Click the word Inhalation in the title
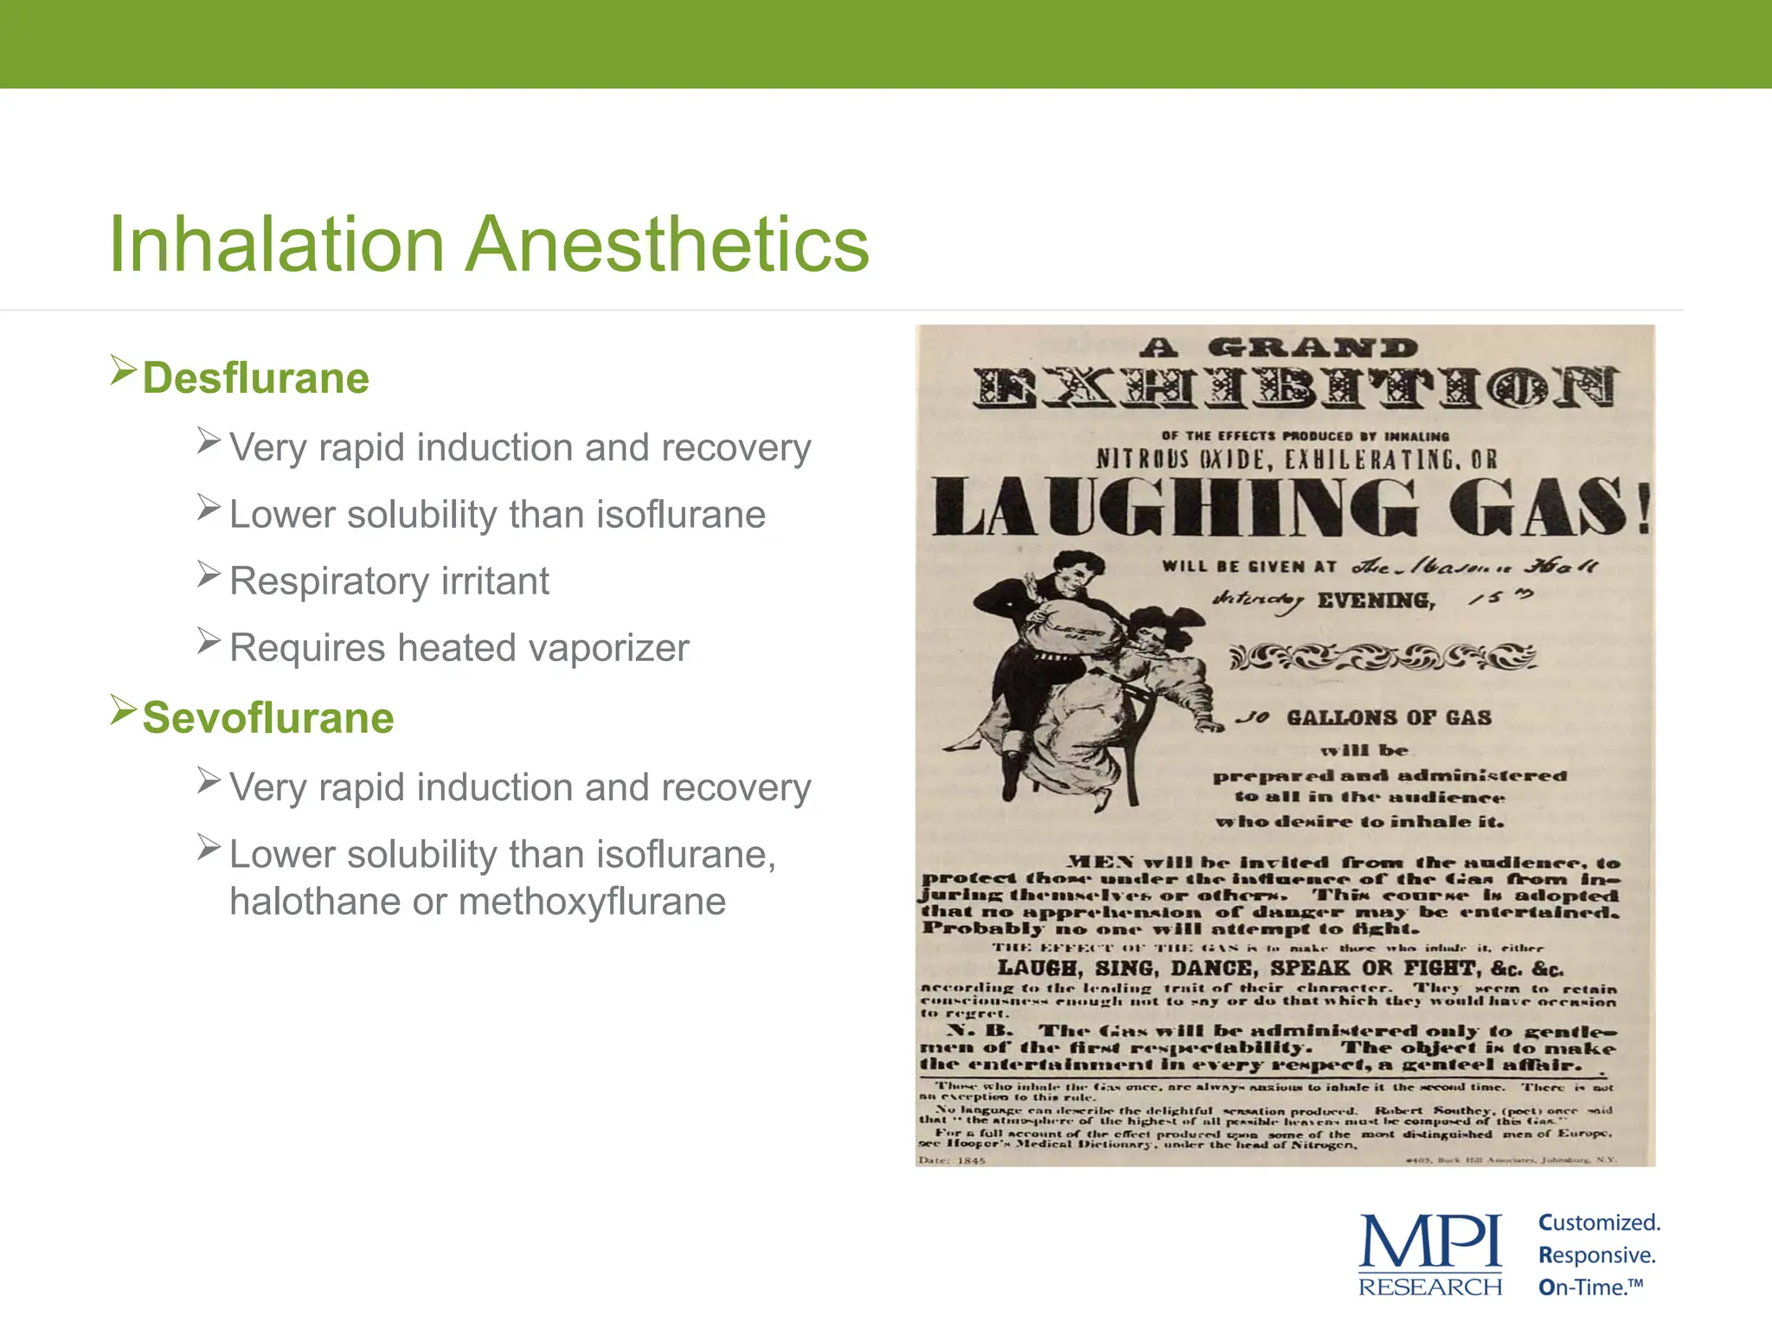[277, 245]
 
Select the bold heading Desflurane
[256, 378]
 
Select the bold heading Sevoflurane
[268, 718]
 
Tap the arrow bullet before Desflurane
[124, 371]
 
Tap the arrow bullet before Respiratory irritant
[209, 574]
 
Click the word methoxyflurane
[592, 902]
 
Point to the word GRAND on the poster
[1313, 349]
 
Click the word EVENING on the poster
[1376, 600]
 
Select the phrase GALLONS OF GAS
[1389, 717]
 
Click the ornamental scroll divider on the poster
[1382, 658]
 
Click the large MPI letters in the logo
[1430, 1243]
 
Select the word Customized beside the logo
[1599, 1223]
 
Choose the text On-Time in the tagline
[1585, 1287]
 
